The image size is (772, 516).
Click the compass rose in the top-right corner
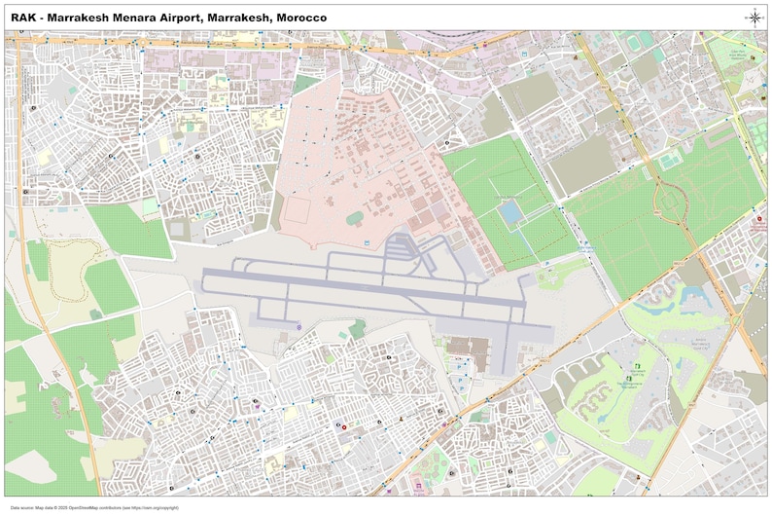754,17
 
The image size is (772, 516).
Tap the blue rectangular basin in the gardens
510,211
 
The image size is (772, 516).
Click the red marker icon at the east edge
759,220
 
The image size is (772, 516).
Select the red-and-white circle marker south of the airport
344,424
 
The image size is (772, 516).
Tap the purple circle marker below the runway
299,326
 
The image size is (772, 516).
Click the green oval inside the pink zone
353,216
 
